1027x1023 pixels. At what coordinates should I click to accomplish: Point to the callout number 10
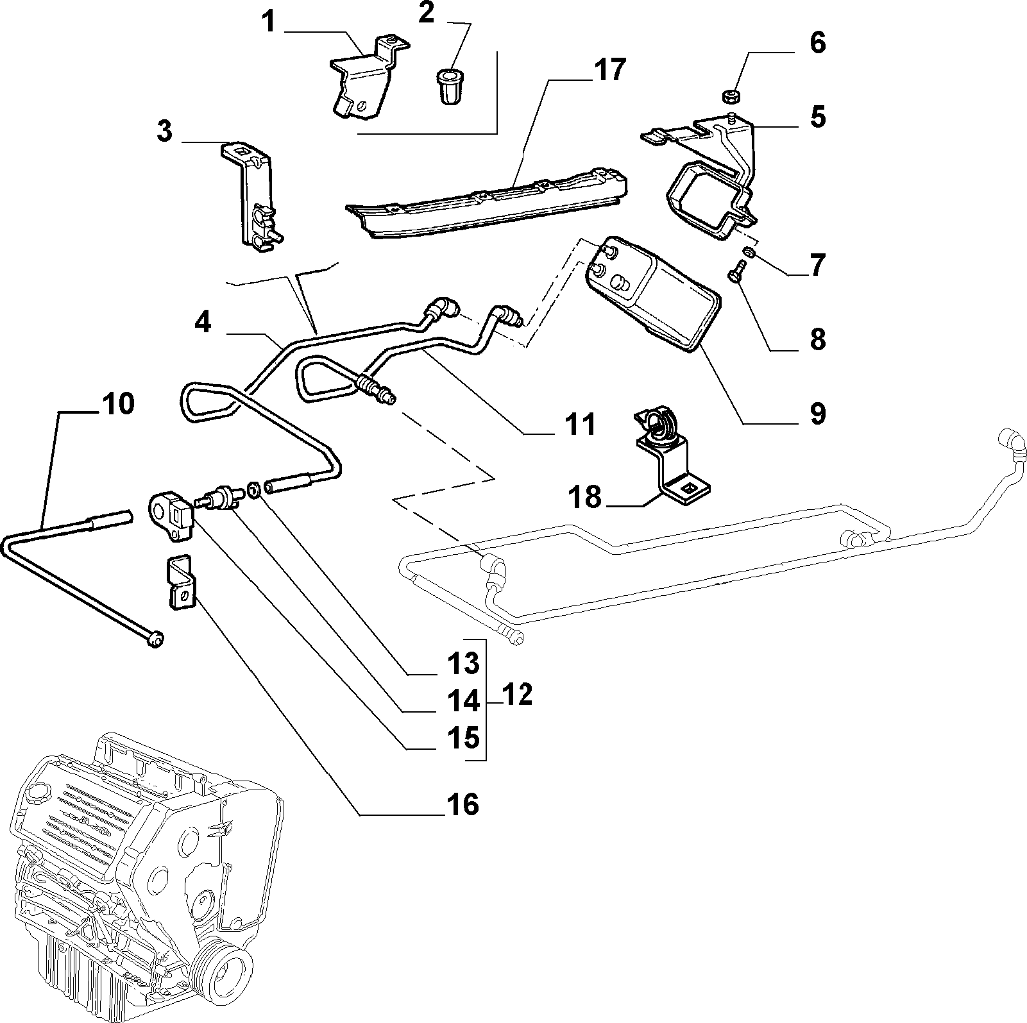pyautogui.click(x=117, y=404)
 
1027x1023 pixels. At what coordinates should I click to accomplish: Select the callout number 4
pyautogui.click(x=203, y=322)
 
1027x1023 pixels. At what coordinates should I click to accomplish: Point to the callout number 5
pyautogui.click(x=818, y=117)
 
